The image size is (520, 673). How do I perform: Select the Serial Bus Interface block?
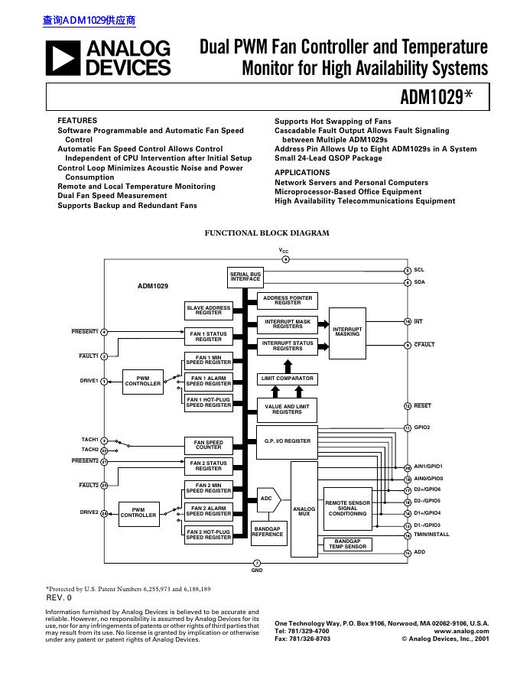(x=245, y=277)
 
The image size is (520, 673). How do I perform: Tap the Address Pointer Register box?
(x=288, y=300)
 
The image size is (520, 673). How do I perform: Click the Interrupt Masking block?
(x=347, y=331)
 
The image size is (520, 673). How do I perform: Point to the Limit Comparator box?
(x=287, y=379)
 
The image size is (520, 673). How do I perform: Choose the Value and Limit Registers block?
(x=287, y=410)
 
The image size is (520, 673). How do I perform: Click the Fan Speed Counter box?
(x=209, y=445)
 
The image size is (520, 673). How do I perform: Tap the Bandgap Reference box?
(x=268, y=532)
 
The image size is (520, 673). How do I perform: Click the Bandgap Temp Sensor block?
(x=348, y=544)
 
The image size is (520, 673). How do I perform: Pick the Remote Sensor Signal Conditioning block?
(x=348, y=509)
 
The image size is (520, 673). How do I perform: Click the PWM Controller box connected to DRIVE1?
(x=143, y=381)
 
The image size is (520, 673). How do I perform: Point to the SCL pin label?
(x=418, y=270)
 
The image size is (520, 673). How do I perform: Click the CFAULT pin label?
(x=424, y=345)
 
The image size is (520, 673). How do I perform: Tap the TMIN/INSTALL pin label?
(x=431, y=535)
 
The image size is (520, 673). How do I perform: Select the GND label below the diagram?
(x=257, y=571)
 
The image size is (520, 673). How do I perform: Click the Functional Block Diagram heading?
(x=266, y=233)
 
